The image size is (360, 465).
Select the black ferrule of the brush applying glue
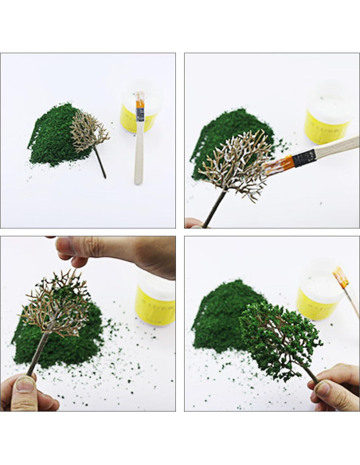[302, 159]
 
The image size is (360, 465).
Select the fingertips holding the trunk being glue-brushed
[193, 223]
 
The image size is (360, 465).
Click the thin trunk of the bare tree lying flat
[100, 163]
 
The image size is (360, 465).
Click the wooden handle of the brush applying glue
[335, 149]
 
